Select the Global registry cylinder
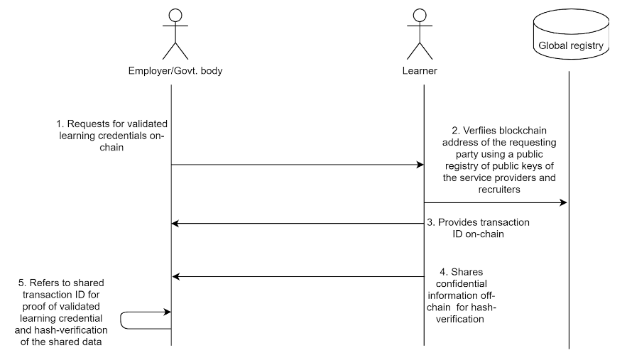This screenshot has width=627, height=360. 571,34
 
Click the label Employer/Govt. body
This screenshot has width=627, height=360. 175,71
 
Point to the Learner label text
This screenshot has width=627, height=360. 420,71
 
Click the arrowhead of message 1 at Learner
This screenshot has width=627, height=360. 420,165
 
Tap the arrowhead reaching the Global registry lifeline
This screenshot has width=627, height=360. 563,202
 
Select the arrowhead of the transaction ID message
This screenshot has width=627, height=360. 175,223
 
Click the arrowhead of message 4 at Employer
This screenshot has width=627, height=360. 175,276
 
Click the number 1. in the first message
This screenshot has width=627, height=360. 60,124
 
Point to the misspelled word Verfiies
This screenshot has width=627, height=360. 479,131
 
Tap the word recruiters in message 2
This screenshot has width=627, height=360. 499,189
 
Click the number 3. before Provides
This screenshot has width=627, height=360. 431,222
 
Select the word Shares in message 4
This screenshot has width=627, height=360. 467,272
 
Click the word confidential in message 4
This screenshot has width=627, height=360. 462,283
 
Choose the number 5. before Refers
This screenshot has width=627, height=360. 23,283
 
